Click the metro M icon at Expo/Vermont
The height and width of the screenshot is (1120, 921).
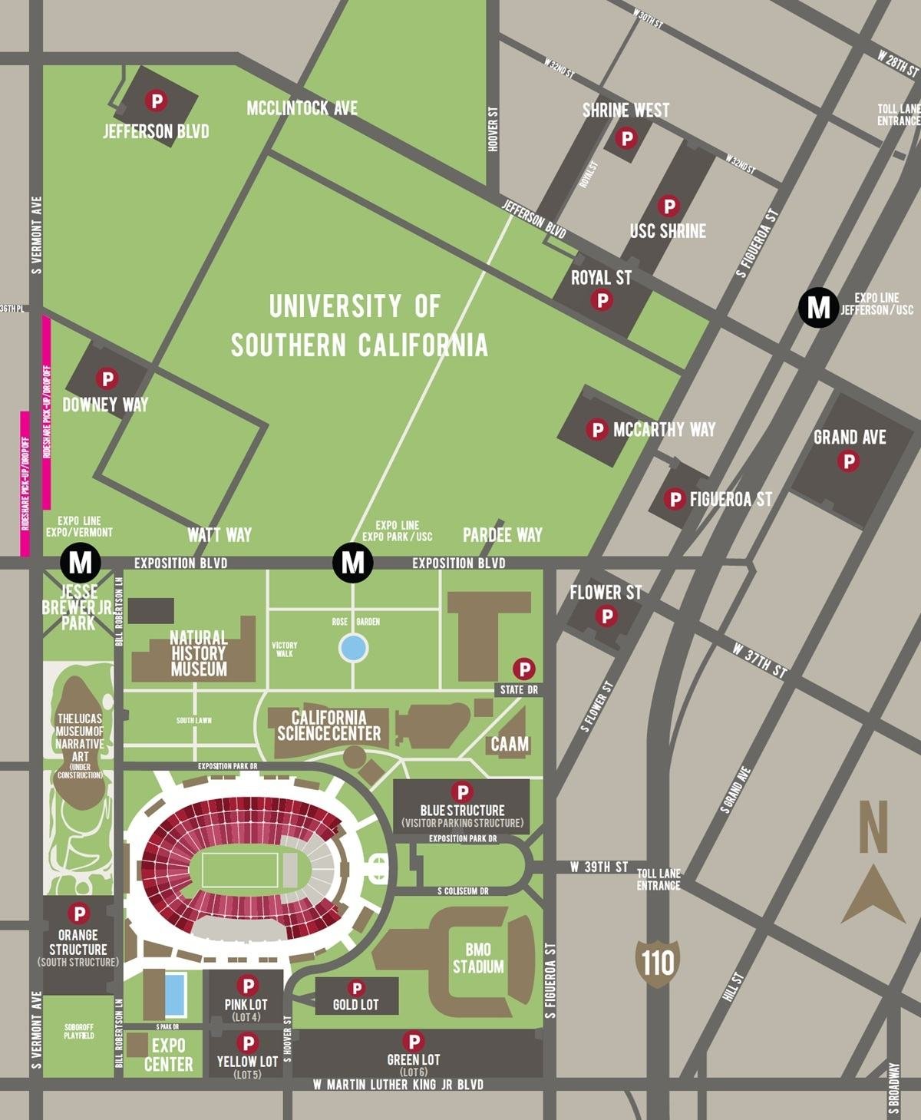tap(80, 562)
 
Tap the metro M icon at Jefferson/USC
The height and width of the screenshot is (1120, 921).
tap(819, 307)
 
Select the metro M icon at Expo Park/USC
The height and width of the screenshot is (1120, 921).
tap(352, 562)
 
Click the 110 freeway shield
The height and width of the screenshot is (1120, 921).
tap(658, 960)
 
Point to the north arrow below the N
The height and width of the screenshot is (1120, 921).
tap(873, 894)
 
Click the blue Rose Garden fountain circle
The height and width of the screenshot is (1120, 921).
tap(353, 648)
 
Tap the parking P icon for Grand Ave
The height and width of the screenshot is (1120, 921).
tap(849, 461)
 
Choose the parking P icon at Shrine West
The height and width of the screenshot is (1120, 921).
tap(627, 138)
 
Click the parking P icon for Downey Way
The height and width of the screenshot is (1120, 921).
tap(106, 378)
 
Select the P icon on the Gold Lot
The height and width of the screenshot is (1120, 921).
tap(356, 988)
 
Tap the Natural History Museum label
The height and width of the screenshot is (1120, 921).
tap(199, 653)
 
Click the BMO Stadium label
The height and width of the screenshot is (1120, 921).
tap(478, 958)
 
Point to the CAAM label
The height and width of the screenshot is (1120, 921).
tap(510, 743)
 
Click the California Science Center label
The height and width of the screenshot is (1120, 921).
tap(328, 725)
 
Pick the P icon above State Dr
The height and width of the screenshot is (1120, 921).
tap(523, 668)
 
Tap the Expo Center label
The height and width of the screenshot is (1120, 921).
tap(168, 1055)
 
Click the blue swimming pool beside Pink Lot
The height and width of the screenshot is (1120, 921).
tap(175, 994)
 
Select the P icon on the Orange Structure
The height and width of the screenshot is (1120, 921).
tap(78, 913)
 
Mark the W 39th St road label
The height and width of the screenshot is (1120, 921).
tap(599, 867)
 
